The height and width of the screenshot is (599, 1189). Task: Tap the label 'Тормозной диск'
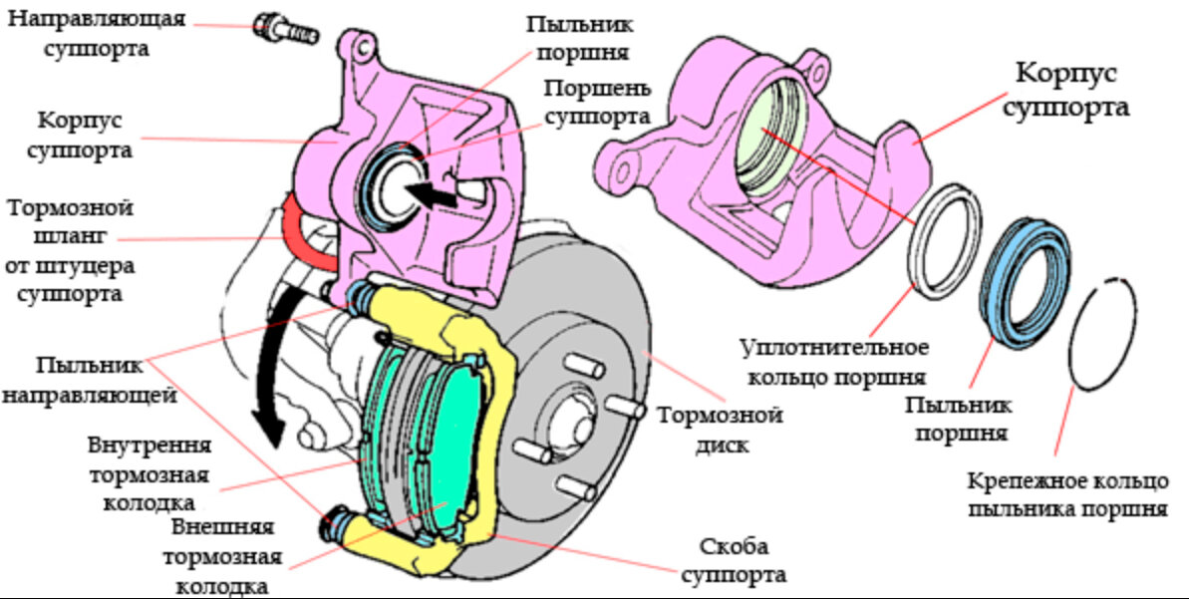[719, 429]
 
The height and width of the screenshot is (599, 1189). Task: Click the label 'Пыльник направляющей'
[89, 379]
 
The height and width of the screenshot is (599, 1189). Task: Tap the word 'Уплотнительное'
[835, 348]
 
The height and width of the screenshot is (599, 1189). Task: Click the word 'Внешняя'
[220, 526]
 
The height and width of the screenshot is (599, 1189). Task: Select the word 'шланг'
[69, 238]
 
